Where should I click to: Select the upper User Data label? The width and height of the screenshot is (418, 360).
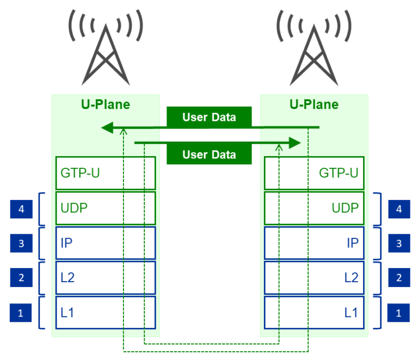[209, 117]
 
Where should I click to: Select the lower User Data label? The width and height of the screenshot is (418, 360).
[209, 154]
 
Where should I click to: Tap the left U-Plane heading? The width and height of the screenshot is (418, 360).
[106, 104]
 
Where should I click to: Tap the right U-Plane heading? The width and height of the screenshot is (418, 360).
[314, 104]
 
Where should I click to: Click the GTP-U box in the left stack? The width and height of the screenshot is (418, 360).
[106, 173]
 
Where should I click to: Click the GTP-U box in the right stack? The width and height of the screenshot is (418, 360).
[314, 173]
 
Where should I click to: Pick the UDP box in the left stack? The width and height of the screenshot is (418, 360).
[106, 208]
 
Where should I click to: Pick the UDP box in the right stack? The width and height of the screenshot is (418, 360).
[314, 208]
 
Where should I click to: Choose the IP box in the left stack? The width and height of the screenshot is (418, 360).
[106, 243]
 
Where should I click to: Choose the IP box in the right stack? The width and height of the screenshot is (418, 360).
[314, 243]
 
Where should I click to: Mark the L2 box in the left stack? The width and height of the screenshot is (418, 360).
[106, 278]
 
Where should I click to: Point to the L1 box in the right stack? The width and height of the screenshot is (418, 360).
[314, 313]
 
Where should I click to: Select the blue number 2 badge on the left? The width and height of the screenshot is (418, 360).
[21, 278]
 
